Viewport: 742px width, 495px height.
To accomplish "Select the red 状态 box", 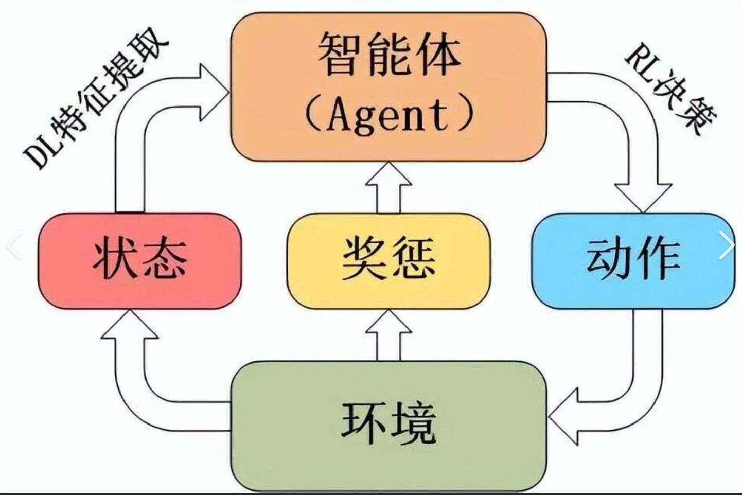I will tap(140, 260).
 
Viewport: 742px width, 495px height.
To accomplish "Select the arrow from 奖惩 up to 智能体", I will tap(388, 188).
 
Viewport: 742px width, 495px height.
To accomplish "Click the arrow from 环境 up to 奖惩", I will tap(388, 334).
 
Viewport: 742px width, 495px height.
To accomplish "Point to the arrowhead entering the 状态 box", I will tap(129, 327).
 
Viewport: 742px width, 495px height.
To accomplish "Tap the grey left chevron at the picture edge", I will tap(14, 245).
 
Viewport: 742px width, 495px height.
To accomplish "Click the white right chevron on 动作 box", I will tap(726, 245).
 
